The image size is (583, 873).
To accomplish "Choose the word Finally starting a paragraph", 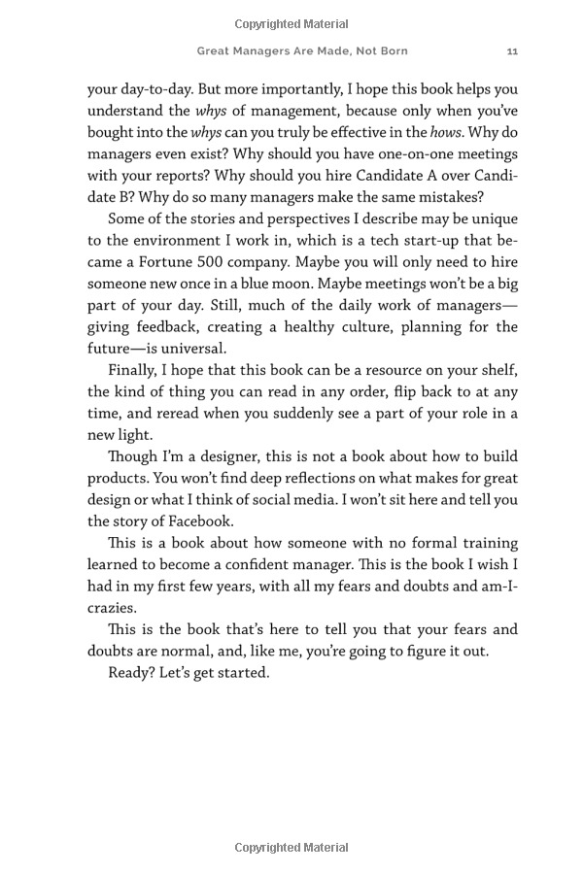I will (135, 370).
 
